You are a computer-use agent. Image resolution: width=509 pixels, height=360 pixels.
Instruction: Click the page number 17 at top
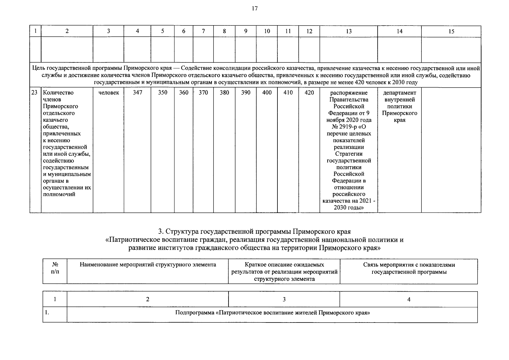(x=254, y=8)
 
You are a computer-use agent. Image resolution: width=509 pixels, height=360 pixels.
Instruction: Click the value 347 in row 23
(x=137, y=93)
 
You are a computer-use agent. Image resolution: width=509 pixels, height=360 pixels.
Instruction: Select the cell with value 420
(x=309, y=93)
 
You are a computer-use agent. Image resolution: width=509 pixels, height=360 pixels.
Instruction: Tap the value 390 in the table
(x=246, y=93)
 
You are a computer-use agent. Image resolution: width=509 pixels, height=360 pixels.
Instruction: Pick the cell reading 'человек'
(x=109, y=93)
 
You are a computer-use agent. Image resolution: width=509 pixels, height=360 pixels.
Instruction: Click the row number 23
(x=34, y=93)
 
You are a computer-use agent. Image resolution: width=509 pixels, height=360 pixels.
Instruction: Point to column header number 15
(x=451, y=31)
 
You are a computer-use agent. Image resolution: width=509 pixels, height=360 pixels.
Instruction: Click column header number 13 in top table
(x=349, y=31)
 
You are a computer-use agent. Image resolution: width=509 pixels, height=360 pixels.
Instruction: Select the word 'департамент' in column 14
(x=400, y=93)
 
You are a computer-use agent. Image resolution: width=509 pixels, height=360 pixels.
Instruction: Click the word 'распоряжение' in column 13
(x=349, y=93)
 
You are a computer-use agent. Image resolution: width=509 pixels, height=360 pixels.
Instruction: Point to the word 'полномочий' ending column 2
(x=59, y=194)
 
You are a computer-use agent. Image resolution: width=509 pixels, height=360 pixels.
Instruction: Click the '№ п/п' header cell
(x=55, y=268)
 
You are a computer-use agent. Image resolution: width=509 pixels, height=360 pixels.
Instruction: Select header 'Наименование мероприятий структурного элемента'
(x=148, y=265)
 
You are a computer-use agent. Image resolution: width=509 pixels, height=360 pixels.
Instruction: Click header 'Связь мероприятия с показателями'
(x=409, y=265)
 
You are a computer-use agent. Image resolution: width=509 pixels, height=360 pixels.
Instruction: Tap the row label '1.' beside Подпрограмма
(x=47, y=313)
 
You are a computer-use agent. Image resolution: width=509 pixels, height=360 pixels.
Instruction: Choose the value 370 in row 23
(x=203, y=93)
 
